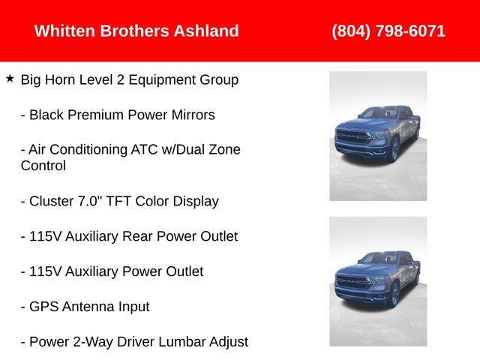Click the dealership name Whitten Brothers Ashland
136,31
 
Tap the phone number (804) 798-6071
388,31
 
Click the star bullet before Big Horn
10,78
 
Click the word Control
43,166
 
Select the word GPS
45,307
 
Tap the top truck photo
377,136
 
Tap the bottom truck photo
377,281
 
